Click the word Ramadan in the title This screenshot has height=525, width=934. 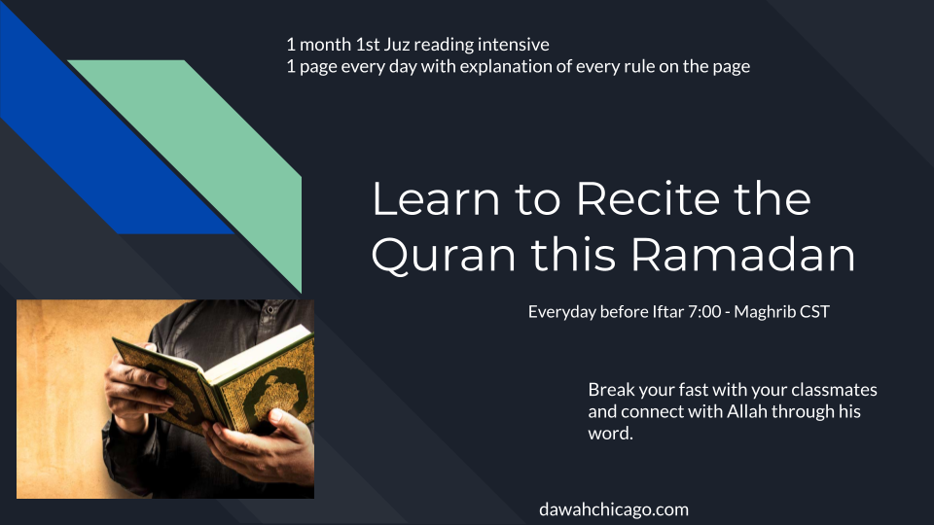pos(742,254)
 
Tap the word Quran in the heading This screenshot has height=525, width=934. pos(444,256)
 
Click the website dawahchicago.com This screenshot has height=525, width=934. pos(614,509)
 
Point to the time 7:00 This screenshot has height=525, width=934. pos(704,311)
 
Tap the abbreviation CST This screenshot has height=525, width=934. pos(814,311)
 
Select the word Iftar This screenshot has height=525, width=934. pos(667,311)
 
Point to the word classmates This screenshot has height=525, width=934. pos(834,390)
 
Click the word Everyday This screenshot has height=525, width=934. pos(561,312)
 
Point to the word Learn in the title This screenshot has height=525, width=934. pos(436,198)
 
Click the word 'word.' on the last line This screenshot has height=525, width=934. pos(610,434)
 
